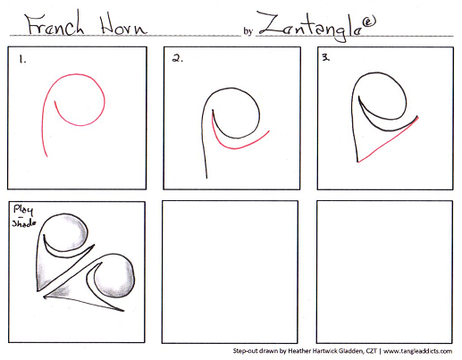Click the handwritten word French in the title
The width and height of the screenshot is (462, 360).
pyautogui.click(x=55, y=24)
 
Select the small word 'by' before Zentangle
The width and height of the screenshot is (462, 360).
pyautogui.click(x=248, y=31)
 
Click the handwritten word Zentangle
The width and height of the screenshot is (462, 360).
pyautogui.click(x=310, y=26)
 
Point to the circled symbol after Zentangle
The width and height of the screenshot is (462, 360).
pyautogui.click(x=369, y=21)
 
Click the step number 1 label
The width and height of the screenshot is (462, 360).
pyautogui.click(x=22, y=60)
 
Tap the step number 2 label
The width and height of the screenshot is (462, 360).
pyautogui.click(x=178, y=58)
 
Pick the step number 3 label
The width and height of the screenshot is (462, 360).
pyautogui.click(x=326, y=57)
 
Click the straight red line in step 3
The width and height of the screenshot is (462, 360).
pyautogui.click(x=387, y=141)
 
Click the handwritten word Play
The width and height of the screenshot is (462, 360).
pyautogui.click(x=23, y=210)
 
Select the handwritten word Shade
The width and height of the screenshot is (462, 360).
pyautogui.click(x=24, y=222)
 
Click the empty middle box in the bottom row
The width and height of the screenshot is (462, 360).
pyautogui.click(x=230, y=272)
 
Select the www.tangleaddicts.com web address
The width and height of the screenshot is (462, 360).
pyautogui.click(x=417, y=351)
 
